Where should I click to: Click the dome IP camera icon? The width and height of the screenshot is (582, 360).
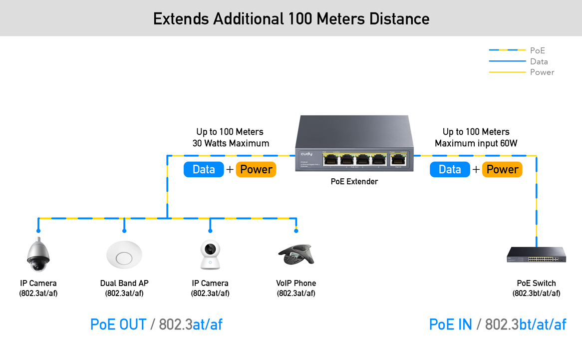[38, 254]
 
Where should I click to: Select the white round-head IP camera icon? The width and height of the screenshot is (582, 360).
[210, 255]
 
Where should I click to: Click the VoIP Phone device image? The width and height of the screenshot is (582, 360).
[295, 255]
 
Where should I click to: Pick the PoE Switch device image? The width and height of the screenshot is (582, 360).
[536, 255]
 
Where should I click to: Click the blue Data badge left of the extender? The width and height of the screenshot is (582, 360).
[204, 169]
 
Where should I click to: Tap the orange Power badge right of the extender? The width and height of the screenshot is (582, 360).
[502, 169]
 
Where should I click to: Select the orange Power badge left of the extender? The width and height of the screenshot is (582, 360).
[256, 169]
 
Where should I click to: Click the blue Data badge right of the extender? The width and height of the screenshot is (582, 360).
[450, 169]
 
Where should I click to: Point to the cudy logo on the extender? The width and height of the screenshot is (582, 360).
[306, 154]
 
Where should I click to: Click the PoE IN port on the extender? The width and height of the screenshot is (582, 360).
[398, 160]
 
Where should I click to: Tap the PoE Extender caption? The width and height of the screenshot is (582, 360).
[354, 182]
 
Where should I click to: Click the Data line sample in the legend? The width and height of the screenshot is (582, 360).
[507, 61]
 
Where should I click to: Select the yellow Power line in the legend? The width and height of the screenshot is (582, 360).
[507, 72]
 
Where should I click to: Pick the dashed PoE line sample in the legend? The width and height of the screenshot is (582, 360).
[507, 50]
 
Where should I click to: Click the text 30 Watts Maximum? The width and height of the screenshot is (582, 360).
[231, 144]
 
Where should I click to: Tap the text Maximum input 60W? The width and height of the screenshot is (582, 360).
[476, 144]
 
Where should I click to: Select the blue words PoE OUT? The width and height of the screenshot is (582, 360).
[118, 325]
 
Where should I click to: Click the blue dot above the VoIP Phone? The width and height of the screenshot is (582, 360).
[296, 231]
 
